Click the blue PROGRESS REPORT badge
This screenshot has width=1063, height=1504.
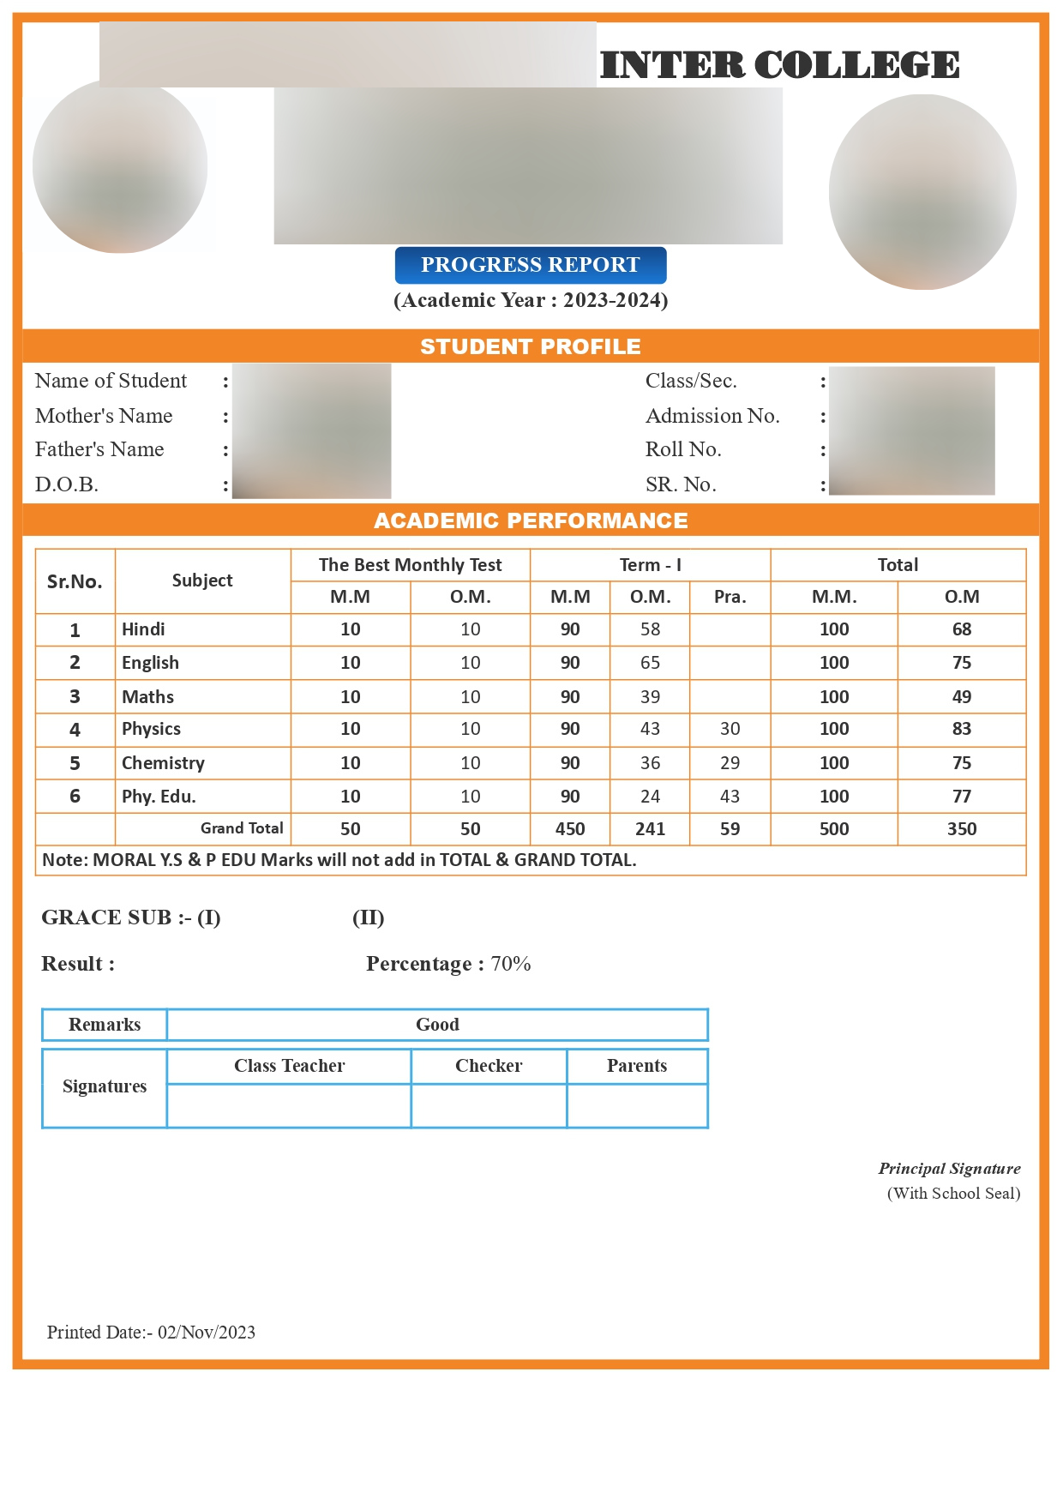(x=530, y=265)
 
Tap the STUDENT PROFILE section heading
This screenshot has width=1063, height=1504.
(x=530, y=346)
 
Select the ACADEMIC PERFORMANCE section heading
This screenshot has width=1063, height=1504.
(x=530, y=520)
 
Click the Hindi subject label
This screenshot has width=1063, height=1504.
(x=143, y=629)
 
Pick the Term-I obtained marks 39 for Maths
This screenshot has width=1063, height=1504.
(x=650, y=697)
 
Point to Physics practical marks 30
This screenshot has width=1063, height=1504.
(x=730, y=729)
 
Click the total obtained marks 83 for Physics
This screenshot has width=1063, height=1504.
(x=961, y=729)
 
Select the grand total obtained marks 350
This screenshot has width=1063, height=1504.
(x=961, y=829)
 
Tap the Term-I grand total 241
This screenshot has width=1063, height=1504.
(x=650, y=829)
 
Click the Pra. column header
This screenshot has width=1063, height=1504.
(x=730, y=597)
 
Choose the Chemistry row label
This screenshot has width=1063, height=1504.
(x=163, y=763)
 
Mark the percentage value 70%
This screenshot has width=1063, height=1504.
(x=511, y=964)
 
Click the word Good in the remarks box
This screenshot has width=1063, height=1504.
(x=437, y=1025)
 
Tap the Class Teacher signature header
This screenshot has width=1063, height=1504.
(x=289, y=1066)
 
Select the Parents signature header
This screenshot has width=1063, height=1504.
(x=636, y=1066)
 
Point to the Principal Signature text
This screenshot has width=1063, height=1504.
(x=949, y=1169)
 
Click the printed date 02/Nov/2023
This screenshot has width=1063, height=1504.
(x=206, y=1333)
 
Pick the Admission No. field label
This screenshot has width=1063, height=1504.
(x=712, y=416)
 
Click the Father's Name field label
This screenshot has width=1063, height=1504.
(x=99, y=449)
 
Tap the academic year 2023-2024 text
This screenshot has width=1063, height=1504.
(x=615, y=300)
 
